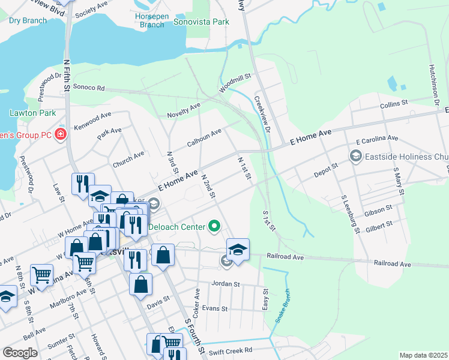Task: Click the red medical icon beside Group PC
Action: [61, 134]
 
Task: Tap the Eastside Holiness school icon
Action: [355, 157]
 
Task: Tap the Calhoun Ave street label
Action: [204, 137]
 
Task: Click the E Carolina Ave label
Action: [376, 139]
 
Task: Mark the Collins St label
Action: [394, 105]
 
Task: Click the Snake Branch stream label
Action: [283, 306]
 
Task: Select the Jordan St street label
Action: [225, 284]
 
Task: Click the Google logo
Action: [20, 352]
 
